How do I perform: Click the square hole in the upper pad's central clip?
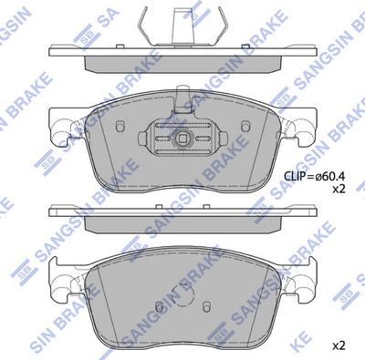(x=182, y=140)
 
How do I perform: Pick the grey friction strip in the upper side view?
(x=182, y=62)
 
